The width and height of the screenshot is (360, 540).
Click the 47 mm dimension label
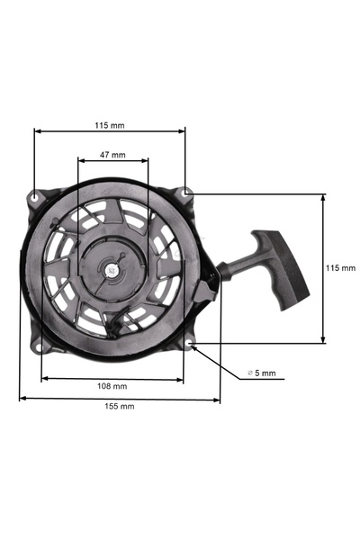[112, 155]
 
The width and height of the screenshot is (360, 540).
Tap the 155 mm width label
[119, 407]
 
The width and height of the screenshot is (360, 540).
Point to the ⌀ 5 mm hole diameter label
[262, 373]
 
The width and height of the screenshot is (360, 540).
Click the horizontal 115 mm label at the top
[110, 125]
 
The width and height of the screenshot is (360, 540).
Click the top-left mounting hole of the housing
[35, 194]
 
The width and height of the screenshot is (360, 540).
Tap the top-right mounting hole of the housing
[184, 193]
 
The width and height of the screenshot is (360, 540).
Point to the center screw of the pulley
[112, 267]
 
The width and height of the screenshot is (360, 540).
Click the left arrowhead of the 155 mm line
[22, 398]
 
